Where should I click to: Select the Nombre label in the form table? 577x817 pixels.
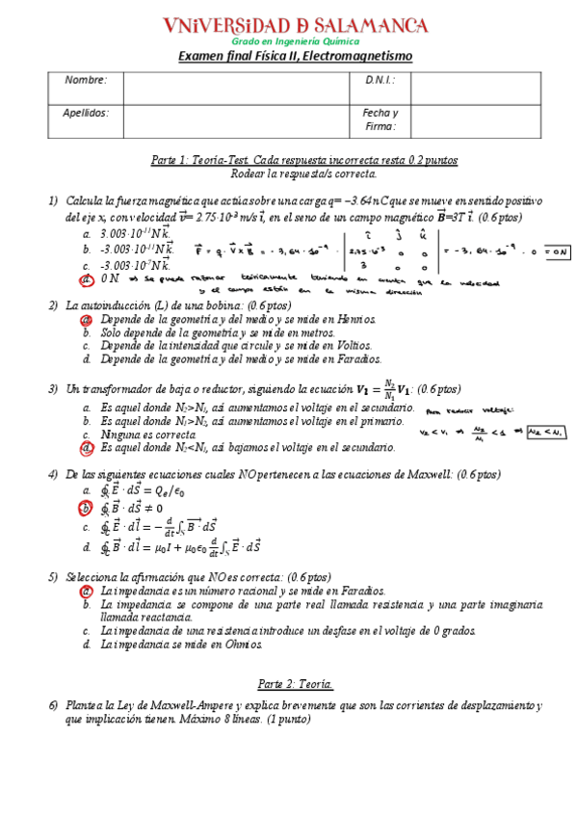[86, 80]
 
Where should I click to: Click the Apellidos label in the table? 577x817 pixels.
[86, 113]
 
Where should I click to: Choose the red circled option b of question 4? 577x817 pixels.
[87, 508]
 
